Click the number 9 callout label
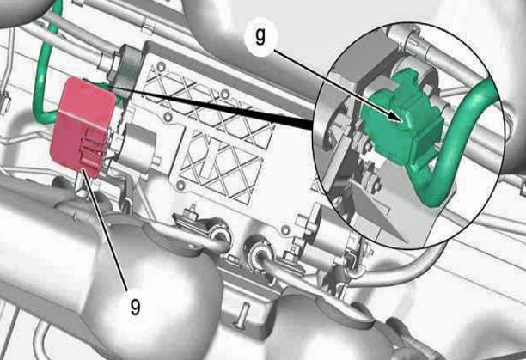pos(135,307)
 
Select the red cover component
pos(83,126)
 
